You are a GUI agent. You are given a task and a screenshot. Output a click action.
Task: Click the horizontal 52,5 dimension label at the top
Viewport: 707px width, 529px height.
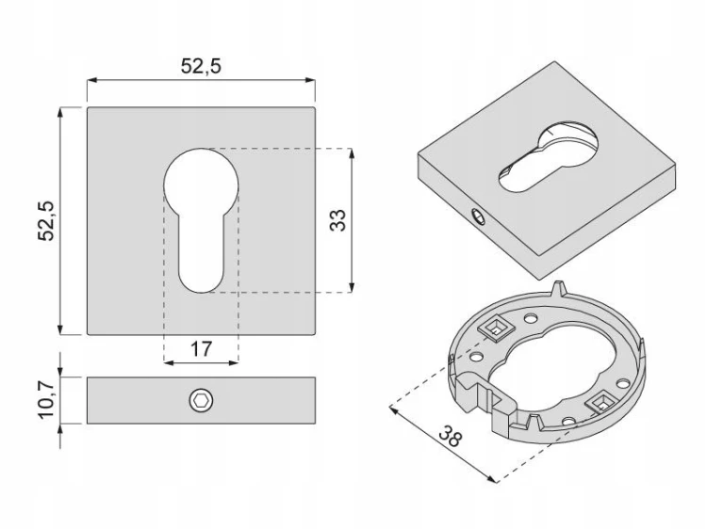pyautogui.click(x=201, y=66)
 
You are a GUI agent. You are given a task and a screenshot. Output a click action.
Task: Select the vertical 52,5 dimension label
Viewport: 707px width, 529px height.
pyautogui.click(x=46, y=221)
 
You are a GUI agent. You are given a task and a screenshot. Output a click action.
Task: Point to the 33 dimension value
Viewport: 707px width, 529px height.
pyautogui.click(x=337, y=220)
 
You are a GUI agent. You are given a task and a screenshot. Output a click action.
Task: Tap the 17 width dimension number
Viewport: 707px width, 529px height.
pyautogui.click(x=201, y=349)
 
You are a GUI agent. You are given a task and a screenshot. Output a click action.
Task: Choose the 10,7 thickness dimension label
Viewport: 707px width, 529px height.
pyautogui.click(x=46, y=400)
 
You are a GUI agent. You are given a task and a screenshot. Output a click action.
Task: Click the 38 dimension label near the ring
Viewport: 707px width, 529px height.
pyautogui.click(x=450, y=436)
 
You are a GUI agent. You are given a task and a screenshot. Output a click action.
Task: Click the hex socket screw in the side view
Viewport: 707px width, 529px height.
pyautogui.click(x=201, y=400)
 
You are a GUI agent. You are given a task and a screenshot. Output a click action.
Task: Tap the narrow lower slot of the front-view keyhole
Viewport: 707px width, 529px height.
pyautogui.click(x=201, y=252)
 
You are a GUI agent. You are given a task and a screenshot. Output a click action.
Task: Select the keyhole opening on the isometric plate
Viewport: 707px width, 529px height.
pyautogui.click(x=548, y=157)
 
